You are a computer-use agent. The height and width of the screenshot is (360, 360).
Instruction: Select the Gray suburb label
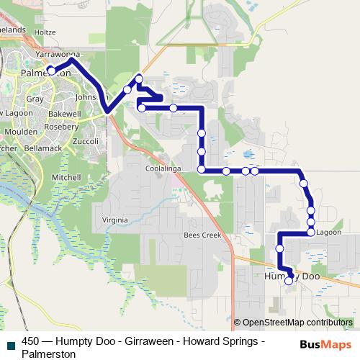pos(34,99)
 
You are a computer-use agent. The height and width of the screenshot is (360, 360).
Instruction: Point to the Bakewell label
pos(66,114)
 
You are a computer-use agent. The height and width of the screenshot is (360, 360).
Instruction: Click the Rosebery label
pos(61,126)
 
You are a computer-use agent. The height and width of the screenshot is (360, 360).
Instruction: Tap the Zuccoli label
pos(85,141)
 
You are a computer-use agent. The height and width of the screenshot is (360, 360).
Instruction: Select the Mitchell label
pos(66,176)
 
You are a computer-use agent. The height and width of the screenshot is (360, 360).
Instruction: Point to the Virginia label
pos(114,220)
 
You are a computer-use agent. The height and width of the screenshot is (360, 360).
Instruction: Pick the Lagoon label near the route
pos(328,233)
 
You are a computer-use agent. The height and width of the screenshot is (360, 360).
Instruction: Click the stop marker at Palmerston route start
pos(51,71)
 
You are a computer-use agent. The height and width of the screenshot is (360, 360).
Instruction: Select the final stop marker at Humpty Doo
pos(289,282)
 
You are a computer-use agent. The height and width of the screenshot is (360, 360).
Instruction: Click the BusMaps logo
pos(327,345)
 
